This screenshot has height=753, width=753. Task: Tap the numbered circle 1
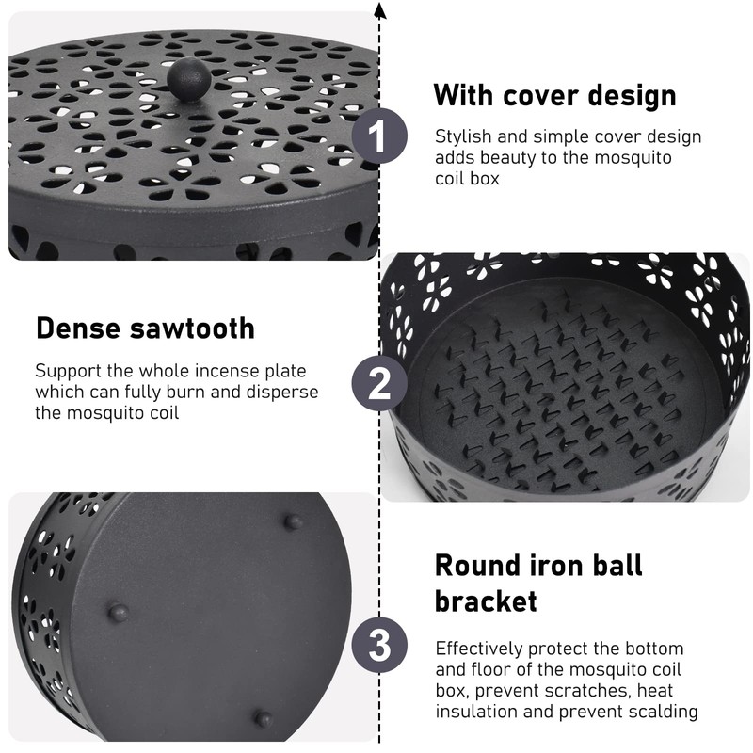(x=378, y=137)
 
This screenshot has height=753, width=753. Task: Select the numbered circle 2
(x=378, y=384)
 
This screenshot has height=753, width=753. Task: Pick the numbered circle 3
(x=378, y=647)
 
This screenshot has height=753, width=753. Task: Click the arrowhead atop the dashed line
(x=379, y=9)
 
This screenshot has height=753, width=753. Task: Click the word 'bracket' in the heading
(x=486, y=601)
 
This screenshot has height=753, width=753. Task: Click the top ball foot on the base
(x=294, y=520)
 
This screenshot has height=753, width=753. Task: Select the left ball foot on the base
(x=119, y=613)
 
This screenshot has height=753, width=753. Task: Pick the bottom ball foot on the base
(x=264, y=719)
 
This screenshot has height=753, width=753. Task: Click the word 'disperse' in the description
(x=285, y=392)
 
